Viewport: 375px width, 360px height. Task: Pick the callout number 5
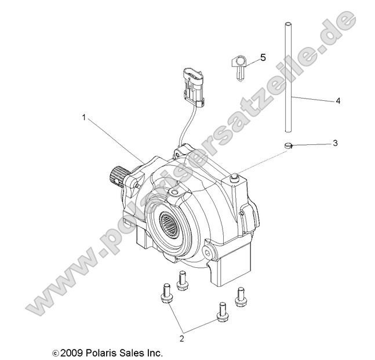coord(263,57)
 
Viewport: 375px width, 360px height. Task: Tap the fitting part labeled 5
coord(239,64)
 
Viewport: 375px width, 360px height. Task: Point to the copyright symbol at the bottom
coord(56,352)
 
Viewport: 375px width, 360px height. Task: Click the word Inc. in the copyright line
coord(154,352)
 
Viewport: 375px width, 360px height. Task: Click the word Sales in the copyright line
coord(130,352)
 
